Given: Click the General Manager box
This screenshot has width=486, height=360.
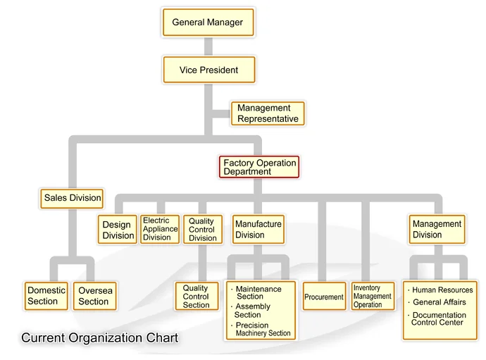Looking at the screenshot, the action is (x=208, y=23).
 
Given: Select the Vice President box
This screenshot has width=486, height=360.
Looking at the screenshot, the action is (x=208, y=70).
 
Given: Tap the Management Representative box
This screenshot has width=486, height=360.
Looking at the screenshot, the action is (x=268, y=113).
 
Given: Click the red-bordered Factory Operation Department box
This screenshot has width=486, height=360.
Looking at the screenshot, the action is (x=258, y=167).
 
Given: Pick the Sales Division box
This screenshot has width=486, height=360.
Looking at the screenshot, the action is (x=73, y=198).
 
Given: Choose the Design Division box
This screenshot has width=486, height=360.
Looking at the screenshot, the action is (x=118, y=230).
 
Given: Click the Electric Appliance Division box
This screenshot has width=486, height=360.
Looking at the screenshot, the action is (x=160, y=229).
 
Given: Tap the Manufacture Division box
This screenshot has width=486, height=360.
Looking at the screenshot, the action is (x=258, y=230).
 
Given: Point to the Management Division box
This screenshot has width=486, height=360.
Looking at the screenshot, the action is (x=437, y=230).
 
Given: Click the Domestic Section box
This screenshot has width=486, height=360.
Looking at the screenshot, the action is (x=46, y=296).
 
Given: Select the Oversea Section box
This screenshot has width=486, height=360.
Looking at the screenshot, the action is (x=94, y=296).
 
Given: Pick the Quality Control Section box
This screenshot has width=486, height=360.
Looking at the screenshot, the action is (x=197, y=297).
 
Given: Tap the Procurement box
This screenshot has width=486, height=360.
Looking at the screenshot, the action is (x=324, y=297).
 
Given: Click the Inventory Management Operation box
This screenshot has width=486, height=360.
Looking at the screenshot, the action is (x=373, y=297).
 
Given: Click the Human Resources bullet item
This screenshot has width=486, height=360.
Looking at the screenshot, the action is (x=442, y=290).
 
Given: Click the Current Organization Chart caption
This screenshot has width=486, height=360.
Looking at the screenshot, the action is (x=99, y=338).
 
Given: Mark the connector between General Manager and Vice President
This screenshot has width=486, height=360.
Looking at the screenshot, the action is (x=208, y=46).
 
